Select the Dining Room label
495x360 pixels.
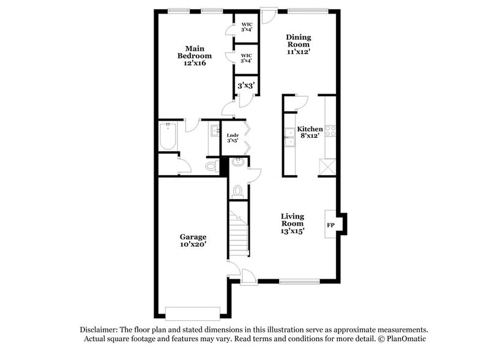(x=298, y=40)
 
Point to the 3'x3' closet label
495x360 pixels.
(x=246, y=86)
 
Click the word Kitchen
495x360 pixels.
(x=310, y=129)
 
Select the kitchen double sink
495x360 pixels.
(x=289, y=138)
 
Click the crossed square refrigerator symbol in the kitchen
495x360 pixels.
(x=327, y=166)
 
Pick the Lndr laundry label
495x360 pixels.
(x=233, y=135)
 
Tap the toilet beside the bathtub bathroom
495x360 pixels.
(x=211, y=166)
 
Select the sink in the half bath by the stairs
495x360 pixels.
(x=237, y=162)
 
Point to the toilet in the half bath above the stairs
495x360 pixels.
(x=237, y=190)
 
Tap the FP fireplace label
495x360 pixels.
(x=330, y=225)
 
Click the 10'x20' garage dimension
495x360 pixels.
(x=193, y=244)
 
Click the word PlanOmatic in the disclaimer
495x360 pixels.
(x=404, y=339)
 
